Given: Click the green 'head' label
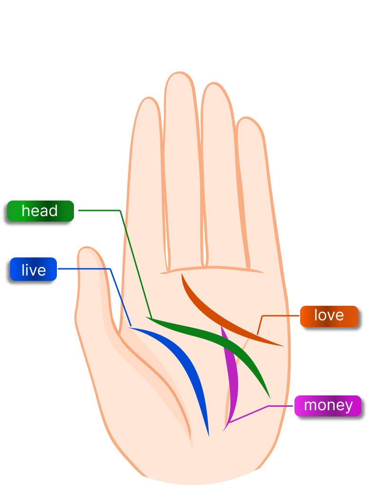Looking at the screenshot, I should (40, 211).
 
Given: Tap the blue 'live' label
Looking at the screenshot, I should (33, 270).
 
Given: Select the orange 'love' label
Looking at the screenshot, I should (329, 316).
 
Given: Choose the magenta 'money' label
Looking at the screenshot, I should (328, 406).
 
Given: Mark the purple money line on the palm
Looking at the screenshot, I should (232, 379).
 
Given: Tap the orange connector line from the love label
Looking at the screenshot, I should (280, 315).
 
